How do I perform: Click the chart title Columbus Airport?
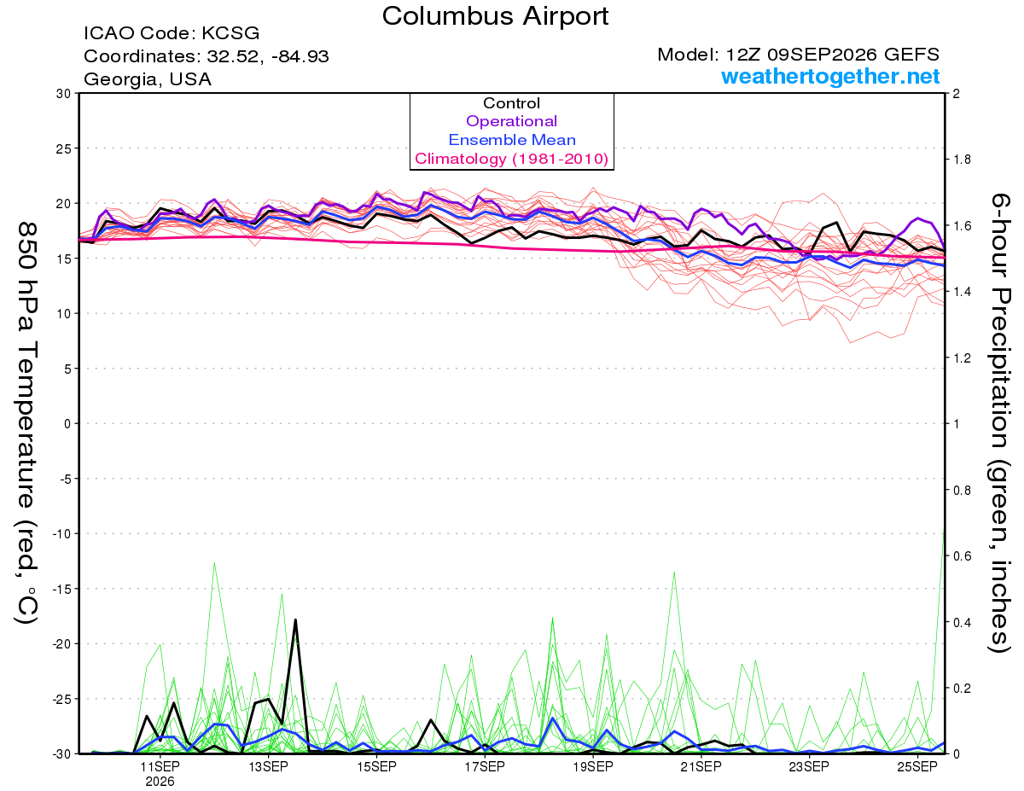tap(495, 17)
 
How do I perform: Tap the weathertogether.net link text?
tap(830, 76)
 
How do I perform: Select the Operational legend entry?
tap(511, 121)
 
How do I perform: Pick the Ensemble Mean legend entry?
tap(512, 140)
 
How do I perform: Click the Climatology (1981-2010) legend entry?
tap(511, 159)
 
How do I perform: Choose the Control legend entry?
tap(511, 103)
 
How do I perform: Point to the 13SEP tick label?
tap(268, 767)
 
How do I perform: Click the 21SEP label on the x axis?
tap(701, 767)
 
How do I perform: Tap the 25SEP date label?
tap(917, 767)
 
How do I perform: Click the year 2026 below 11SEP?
tap(160, 782)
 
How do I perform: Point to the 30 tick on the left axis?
tap(63, 94)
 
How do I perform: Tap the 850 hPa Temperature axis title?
tap(26, 423)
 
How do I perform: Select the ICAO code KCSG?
tap(230, 33)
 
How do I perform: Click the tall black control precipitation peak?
tap(295, 620)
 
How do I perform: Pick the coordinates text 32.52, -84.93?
tap(268, 56)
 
